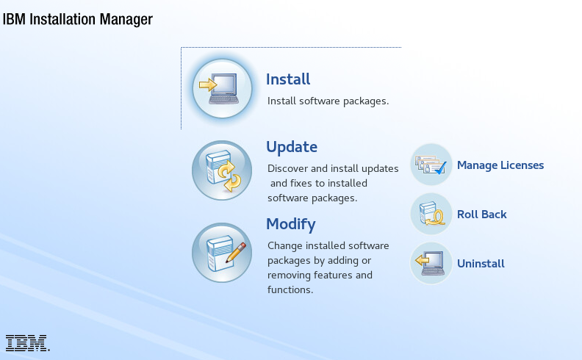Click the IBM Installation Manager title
coord(78,19)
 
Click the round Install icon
coord(222,89)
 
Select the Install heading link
coord(288,79)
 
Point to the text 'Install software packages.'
coord(328,101)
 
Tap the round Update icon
coord(222,170)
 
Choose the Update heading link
coord(292,147)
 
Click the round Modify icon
coord(222,253)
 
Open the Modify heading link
coord(291,224)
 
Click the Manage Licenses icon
coord(431,165)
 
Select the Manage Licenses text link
coord(500,165)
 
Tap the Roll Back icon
coord(431,214)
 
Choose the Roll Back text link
coord(482,214)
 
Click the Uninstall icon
coord(431,263)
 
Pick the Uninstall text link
coord(481,264)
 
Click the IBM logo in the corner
coord(27,343)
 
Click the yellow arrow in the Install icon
coord(208,85)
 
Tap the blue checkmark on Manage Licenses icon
coord(441,168)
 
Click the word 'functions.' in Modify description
coord(290,289)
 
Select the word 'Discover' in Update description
coord(287,168)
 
